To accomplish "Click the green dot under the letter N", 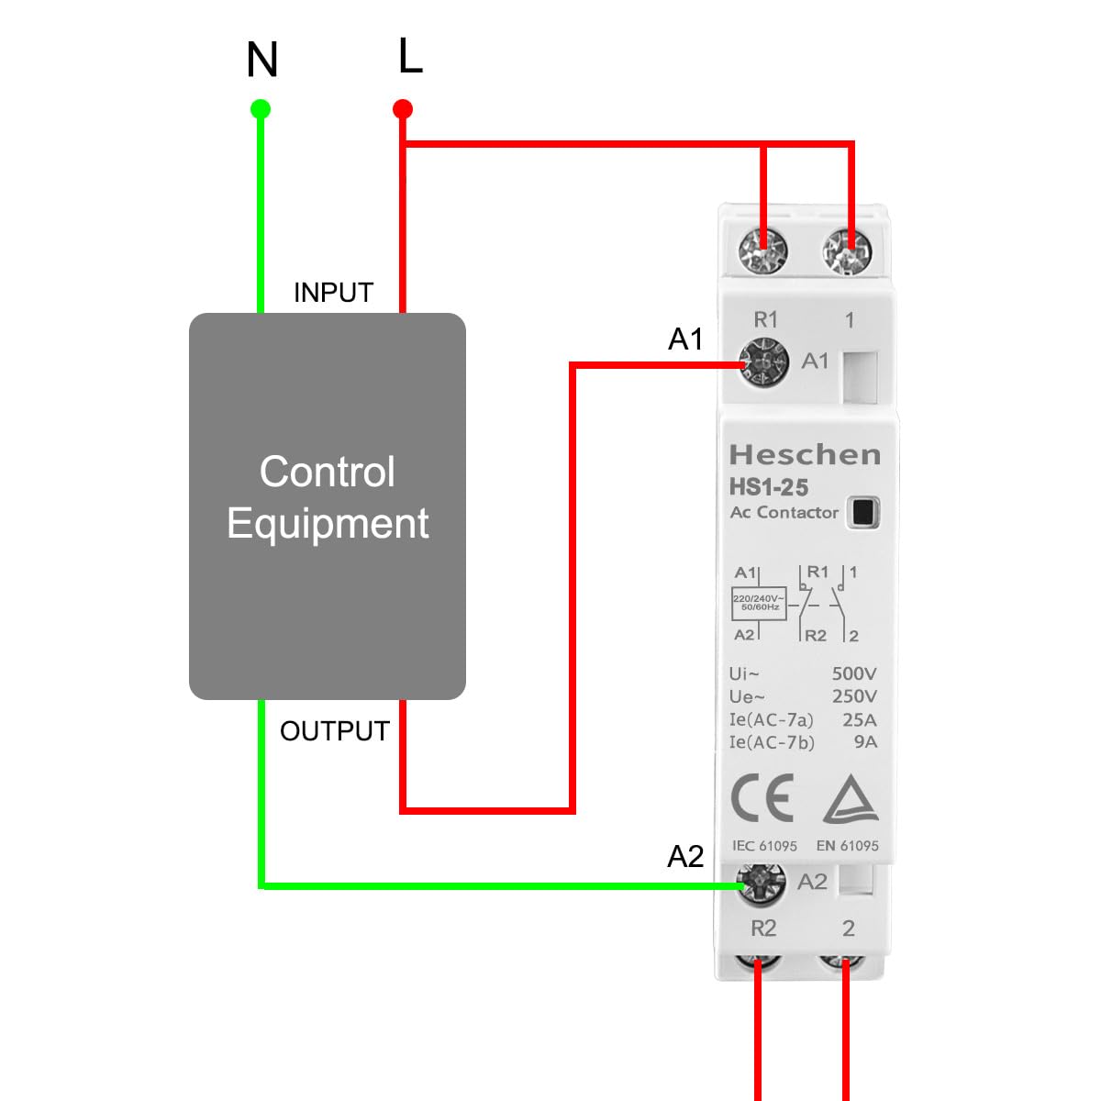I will point(261,110).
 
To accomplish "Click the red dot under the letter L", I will point(402,110).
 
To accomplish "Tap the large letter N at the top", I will point(262,61).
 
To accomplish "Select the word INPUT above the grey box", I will point(333,293).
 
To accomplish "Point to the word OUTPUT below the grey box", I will point(335,731).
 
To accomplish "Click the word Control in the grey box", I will point(328,473).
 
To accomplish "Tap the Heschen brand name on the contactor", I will point(804,455).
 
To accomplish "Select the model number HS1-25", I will point(769,487).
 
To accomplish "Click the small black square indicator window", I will point(863,512).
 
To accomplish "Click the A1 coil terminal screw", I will point(763,362).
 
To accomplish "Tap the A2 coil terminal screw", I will point(762,883).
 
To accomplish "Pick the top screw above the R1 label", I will point(763,250).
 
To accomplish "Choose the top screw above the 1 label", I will point(846,250).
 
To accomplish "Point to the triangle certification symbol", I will point(851,799).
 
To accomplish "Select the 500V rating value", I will point(853,673).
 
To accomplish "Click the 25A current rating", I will point(859,719).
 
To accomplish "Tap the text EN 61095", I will point(847,846).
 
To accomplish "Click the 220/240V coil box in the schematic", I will point(759,603).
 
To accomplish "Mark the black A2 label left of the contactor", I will point(685,857).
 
